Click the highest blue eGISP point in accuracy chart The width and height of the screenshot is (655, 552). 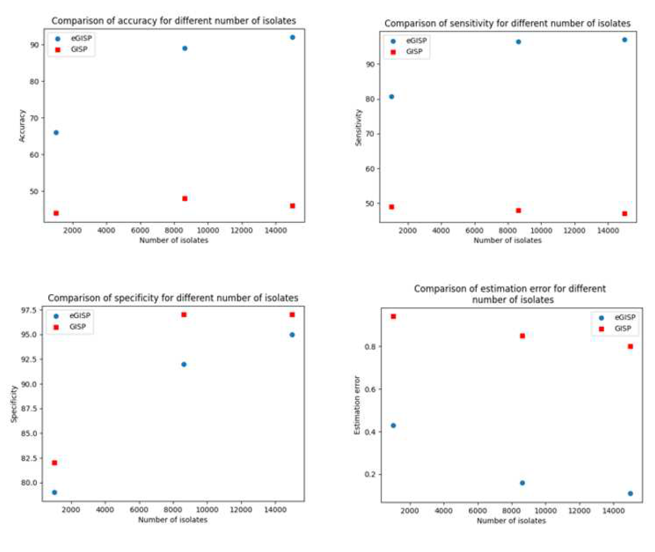(292, 38)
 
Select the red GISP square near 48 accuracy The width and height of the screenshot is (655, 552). (185, 198)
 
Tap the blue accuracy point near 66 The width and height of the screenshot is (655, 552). (56, 133)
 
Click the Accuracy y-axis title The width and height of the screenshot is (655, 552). (22, 126)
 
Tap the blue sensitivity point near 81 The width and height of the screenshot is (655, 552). (391, 97)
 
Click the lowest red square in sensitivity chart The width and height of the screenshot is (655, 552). (624, 214)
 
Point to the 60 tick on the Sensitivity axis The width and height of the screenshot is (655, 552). (370, 169)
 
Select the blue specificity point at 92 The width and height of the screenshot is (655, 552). (184, 364)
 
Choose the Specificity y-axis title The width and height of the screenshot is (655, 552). (14, 404)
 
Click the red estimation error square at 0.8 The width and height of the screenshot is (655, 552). (630, 346)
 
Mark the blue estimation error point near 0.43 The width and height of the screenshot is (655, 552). (393, 426)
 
